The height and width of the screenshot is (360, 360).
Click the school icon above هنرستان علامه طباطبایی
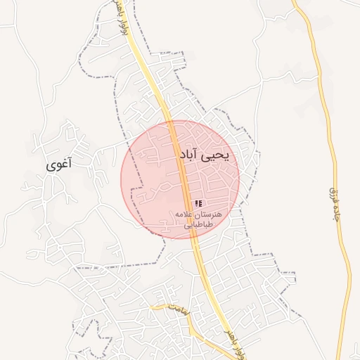[x=198, y=203]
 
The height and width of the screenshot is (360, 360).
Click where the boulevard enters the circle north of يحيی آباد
[x=169, y=122]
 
